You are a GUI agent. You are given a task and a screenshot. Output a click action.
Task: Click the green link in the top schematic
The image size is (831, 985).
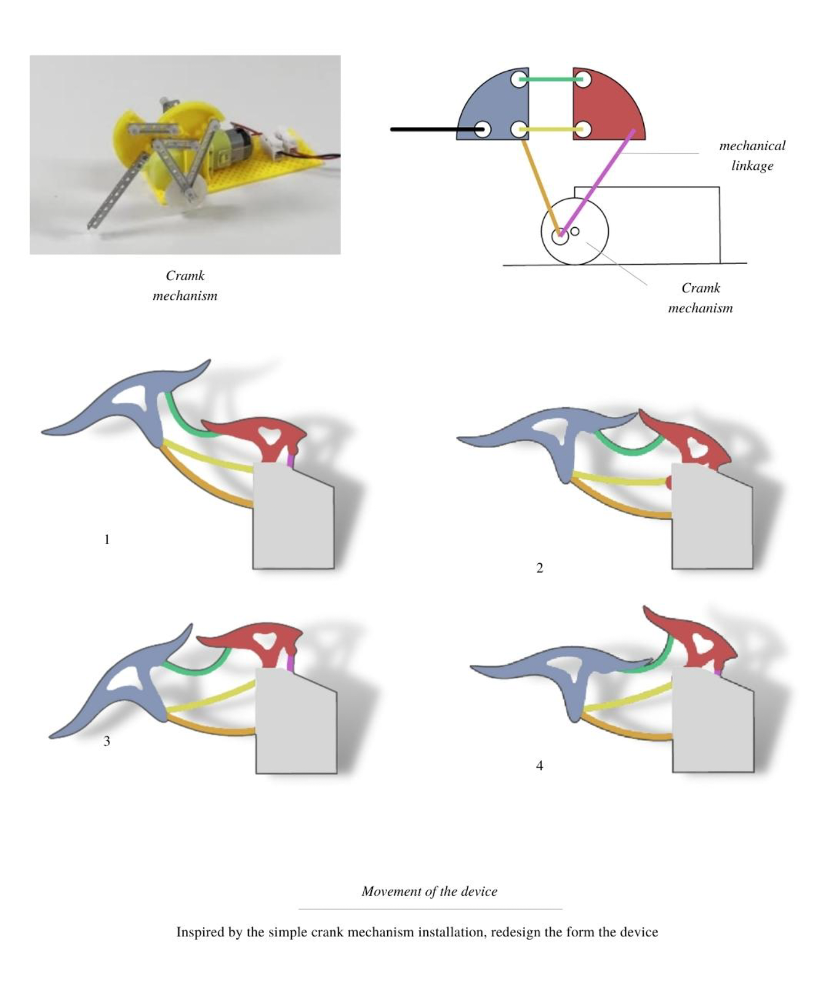[x=551, y=79]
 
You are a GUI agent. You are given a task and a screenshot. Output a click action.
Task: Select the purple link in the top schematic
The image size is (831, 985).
[x=597, y=182]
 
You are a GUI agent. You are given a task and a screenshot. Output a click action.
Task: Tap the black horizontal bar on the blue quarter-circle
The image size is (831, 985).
[x=431, y=129]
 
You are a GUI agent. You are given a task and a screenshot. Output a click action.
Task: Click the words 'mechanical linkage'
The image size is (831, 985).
[x=752, y=155]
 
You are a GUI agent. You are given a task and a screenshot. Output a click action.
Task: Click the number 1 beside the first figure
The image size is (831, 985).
[x=106, y=539]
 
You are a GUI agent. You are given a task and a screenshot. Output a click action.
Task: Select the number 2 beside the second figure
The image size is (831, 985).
[x=540, y=568]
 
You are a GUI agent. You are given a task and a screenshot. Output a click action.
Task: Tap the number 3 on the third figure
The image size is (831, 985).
[x=106, y=741]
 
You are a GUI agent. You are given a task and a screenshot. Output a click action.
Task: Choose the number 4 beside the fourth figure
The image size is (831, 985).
[x=540, y=765]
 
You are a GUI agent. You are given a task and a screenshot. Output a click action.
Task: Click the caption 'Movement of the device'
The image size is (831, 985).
[x=429, y=891]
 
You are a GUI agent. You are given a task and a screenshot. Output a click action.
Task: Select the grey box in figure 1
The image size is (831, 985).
[x=293, y=523]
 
